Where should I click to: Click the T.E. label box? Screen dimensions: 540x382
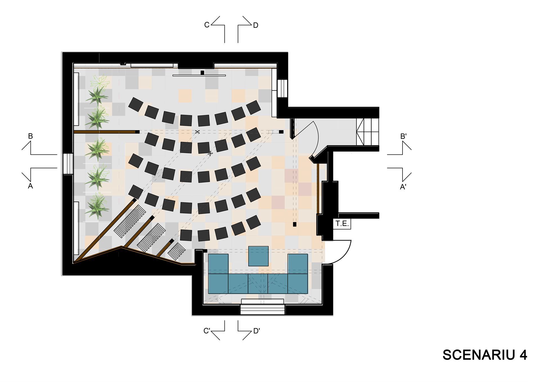click(342, 224)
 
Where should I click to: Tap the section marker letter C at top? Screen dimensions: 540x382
click(207, 25)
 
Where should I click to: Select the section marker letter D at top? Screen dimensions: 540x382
click(255, 25)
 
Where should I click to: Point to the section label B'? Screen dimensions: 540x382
click(403, 136)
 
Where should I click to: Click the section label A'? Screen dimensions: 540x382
click(403, 187)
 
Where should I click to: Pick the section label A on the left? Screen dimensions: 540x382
click(30, 186)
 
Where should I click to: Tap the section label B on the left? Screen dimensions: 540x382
click(30, 136)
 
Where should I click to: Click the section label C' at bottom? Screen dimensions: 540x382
click(207, 331)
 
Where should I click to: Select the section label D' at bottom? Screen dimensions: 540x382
click(256, 331)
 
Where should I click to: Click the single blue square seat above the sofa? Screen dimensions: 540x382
click(258, 256)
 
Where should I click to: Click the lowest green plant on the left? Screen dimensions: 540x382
click(97, 206)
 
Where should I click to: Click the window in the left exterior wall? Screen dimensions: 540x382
click(68, 164)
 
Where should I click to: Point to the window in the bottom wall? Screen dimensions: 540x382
click(262, 307)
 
